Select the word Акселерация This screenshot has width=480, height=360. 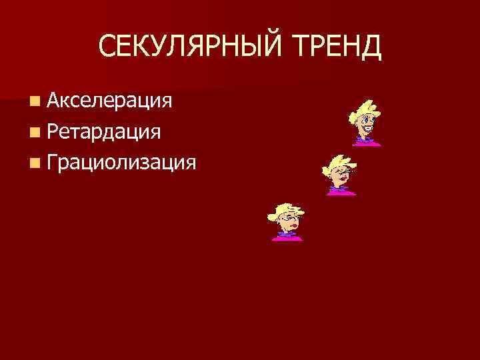coord(111,101)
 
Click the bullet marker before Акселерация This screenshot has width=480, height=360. coord(35,101)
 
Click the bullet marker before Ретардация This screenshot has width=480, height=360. coord(35,132)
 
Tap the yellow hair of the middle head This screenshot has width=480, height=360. coord(337,162)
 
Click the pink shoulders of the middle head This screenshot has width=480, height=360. coord(341,193)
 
